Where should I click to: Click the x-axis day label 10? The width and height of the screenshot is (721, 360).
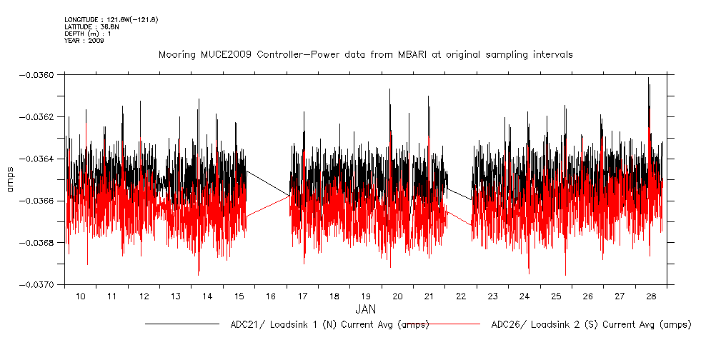click(x=81, y=296)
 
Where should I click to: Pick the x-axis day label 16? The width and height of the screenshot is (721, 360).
click(x=271, y=296)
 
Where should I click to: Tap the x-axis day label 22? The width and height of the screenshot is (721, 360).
click(x=461, y=296)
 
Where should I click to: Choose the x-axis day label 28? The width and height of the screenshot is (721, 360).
click(x=651, y=296)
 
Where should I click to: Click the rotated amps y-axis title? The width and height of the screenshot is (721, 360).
click(x=11, y=179)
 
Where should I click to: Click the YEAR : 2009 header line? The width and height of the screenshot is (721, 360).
click(x=84, y=41)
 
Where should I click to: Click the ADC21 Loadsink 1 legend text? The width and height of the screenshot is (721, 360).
click(x=329, y=324)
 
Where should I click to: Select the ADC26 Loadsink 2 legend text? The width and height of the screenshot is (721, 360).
click(x=591, y=324)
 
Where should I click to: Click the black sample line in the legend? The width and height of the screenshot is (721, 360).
click(x=182, y=324)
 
